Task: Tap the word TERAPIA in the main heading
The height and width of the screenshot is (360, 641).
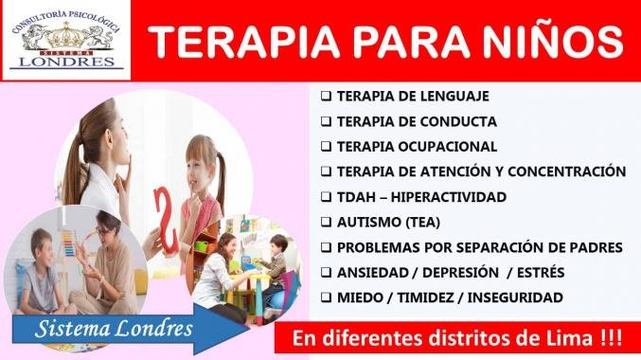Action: (244, 42)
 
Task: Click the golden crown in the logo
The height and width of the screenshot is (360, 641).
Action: (66, 36)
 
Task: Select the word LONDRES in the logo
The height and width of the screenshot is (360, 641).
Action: (67, 62)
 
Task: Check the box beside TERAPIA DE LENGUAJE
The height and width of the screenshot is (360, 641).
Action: (326, 97)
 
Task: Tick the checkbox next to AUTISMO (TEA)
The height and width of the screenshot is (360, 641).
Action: (326, 222)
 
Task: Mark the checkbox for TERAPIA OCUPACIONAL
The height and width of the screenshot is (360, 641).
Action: (326, 147)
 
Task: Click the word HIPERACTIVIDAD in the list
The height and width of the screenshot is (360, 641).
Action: (449, 197)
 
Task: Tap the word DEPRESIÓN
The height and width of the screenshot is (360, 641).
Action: (460, 272)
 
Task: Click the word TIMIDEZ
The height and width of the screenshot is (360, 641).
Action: (424, 297)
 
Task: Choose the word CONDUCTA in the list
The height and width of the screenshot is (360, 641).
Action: (458, 121)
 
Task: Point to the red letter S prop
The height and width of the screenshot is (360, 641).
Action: (167, 219)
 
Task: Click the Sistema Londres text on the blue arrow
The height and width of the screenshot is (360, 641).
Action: (114, 329)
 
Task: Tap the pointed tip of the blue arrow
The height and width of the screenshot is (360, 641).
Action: (249, 328)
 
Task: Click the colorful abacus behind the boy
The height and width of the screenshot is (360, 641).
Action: (68, 243)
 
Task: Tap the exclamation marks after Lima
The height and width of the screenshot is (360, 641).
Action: (612, 339)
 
